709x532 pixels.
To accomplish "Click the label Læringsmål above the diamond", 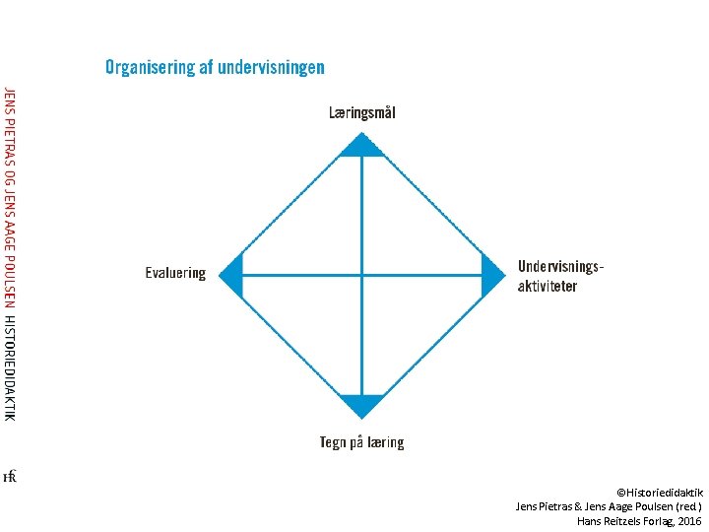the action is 362,113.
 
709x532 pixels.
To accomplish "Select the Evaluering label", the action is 175,273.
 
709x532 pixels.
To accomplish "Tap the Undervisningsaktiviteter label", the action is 560,276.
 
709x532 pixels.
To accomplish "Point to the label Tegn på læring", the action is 361,442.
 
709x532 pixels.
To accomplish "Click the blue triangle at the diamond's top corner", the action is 361,147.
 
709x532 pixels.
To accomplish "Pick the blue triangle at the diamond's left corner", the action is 233,275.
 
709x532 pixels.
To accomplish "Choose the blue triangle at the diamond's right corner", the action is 490,275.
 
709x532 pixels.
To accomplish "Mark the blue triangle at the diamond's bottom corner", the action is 361,404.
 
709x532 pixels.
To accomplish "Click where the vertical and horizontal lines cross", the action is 361,275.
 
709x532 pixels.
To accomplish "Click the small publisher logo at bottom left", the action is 10,477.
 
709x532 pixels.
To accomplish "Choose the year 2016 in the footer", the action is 689,520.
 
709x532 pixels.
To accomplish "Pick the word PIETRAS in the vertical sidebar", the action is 9,139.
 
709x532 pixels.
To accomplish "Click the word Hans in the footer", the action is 589,520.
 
